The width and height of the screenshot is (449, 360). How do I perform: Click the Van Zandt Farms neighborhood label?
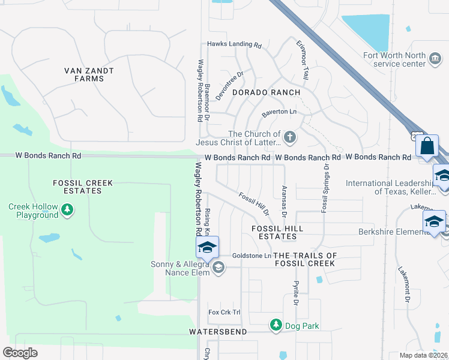(x=89, y=74)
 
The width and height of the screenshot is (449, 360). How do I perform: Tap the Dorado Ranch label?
(x=266, y=92)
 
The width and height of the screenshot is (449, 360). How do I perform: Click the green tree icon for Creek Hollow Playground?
(x=68, y=209)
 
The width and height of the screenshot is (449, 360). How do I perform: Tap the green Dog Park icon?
(x=276, y=325)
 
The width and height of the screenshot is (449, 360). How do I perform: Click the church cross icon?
(x=290, y=137)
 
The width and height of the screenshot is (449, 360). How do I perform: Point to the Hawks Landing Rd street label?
(x=235, y=45)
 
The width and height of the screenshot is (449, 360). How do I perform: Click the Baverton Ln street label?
(x=279, y=113)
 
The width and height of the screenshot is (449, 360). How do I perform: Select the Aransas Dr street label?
(x=285, y=200)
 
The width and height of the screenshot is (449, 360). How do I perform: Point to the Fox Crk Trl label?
(x=224, y=312)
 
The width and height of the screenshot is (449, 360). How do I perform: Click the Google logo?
(x=20, y=352)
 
